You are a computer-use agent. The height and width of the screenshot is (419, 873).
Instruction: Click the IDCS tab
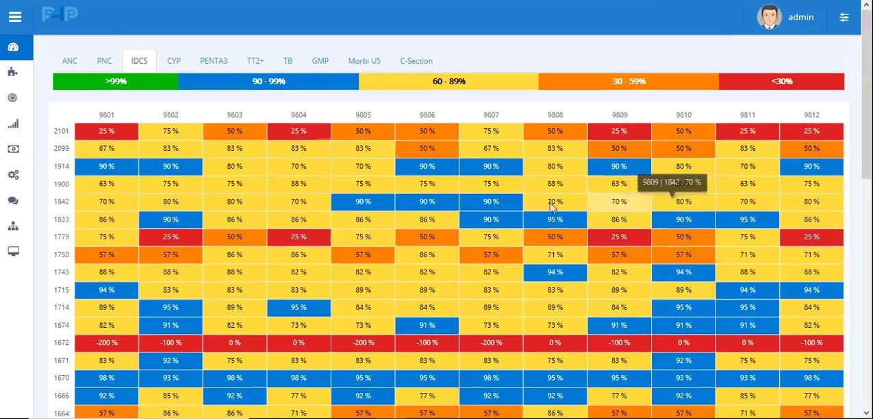[x=139, y=61]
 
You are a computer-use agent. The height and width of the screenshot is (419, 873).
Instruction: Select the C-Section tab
[x=416, y=61]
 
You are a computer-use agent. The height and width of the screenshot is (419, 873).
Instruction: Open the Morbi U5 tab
[x=364, y=61]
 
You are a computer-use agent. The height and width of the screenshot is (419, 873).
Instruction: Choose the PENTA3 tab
[x=214, y=61]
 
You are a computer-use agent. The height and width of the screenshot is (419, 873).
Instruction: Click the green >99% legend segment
[x=116, y=82]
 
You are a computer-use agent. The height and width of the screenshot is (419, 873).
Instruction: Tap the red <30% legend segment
[x=781, y=82]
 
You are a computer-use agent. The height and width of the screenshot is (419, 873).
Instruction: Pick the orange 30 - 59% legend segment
[x=629, y=82]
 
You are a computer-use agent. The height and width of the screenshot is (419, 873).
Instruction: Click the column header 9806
[x=427, y=115]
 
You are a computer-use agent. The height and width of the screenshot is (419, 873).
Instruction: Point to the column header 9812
[x=811, y=115]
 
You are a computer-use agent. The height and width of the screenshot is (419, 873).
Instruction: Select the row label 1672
[x=61, y=343]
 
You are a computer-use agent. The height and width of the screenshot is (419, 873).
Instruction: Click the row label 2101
[x=61, y=131]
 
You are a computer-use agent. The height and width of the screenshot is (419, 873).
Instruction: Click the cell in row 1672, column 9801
[x=106, y=343]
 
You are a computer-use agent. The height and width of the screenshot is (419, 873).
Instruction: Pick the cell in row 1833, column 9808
[x=555, y=220]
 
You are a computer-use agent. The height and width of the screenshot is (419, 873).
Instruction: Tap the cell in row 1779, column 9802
[x=170, y=237]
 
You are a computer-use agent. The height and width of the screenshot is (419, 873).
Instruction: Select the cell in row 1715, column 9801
[x=106, y=290]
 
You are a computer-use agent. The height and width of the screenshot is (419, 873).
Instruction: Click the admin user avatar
[x=769, y=17]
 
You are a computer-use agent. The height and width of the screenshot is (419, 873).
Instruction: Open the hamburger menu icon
[x=15, y=17]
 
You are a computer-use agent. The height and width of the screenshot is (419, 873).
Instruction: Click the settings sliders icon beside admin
[x=844, y=17]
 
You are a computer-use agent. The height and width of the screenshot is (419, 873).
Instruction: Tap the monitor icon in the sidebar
[x=13, y=252]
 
